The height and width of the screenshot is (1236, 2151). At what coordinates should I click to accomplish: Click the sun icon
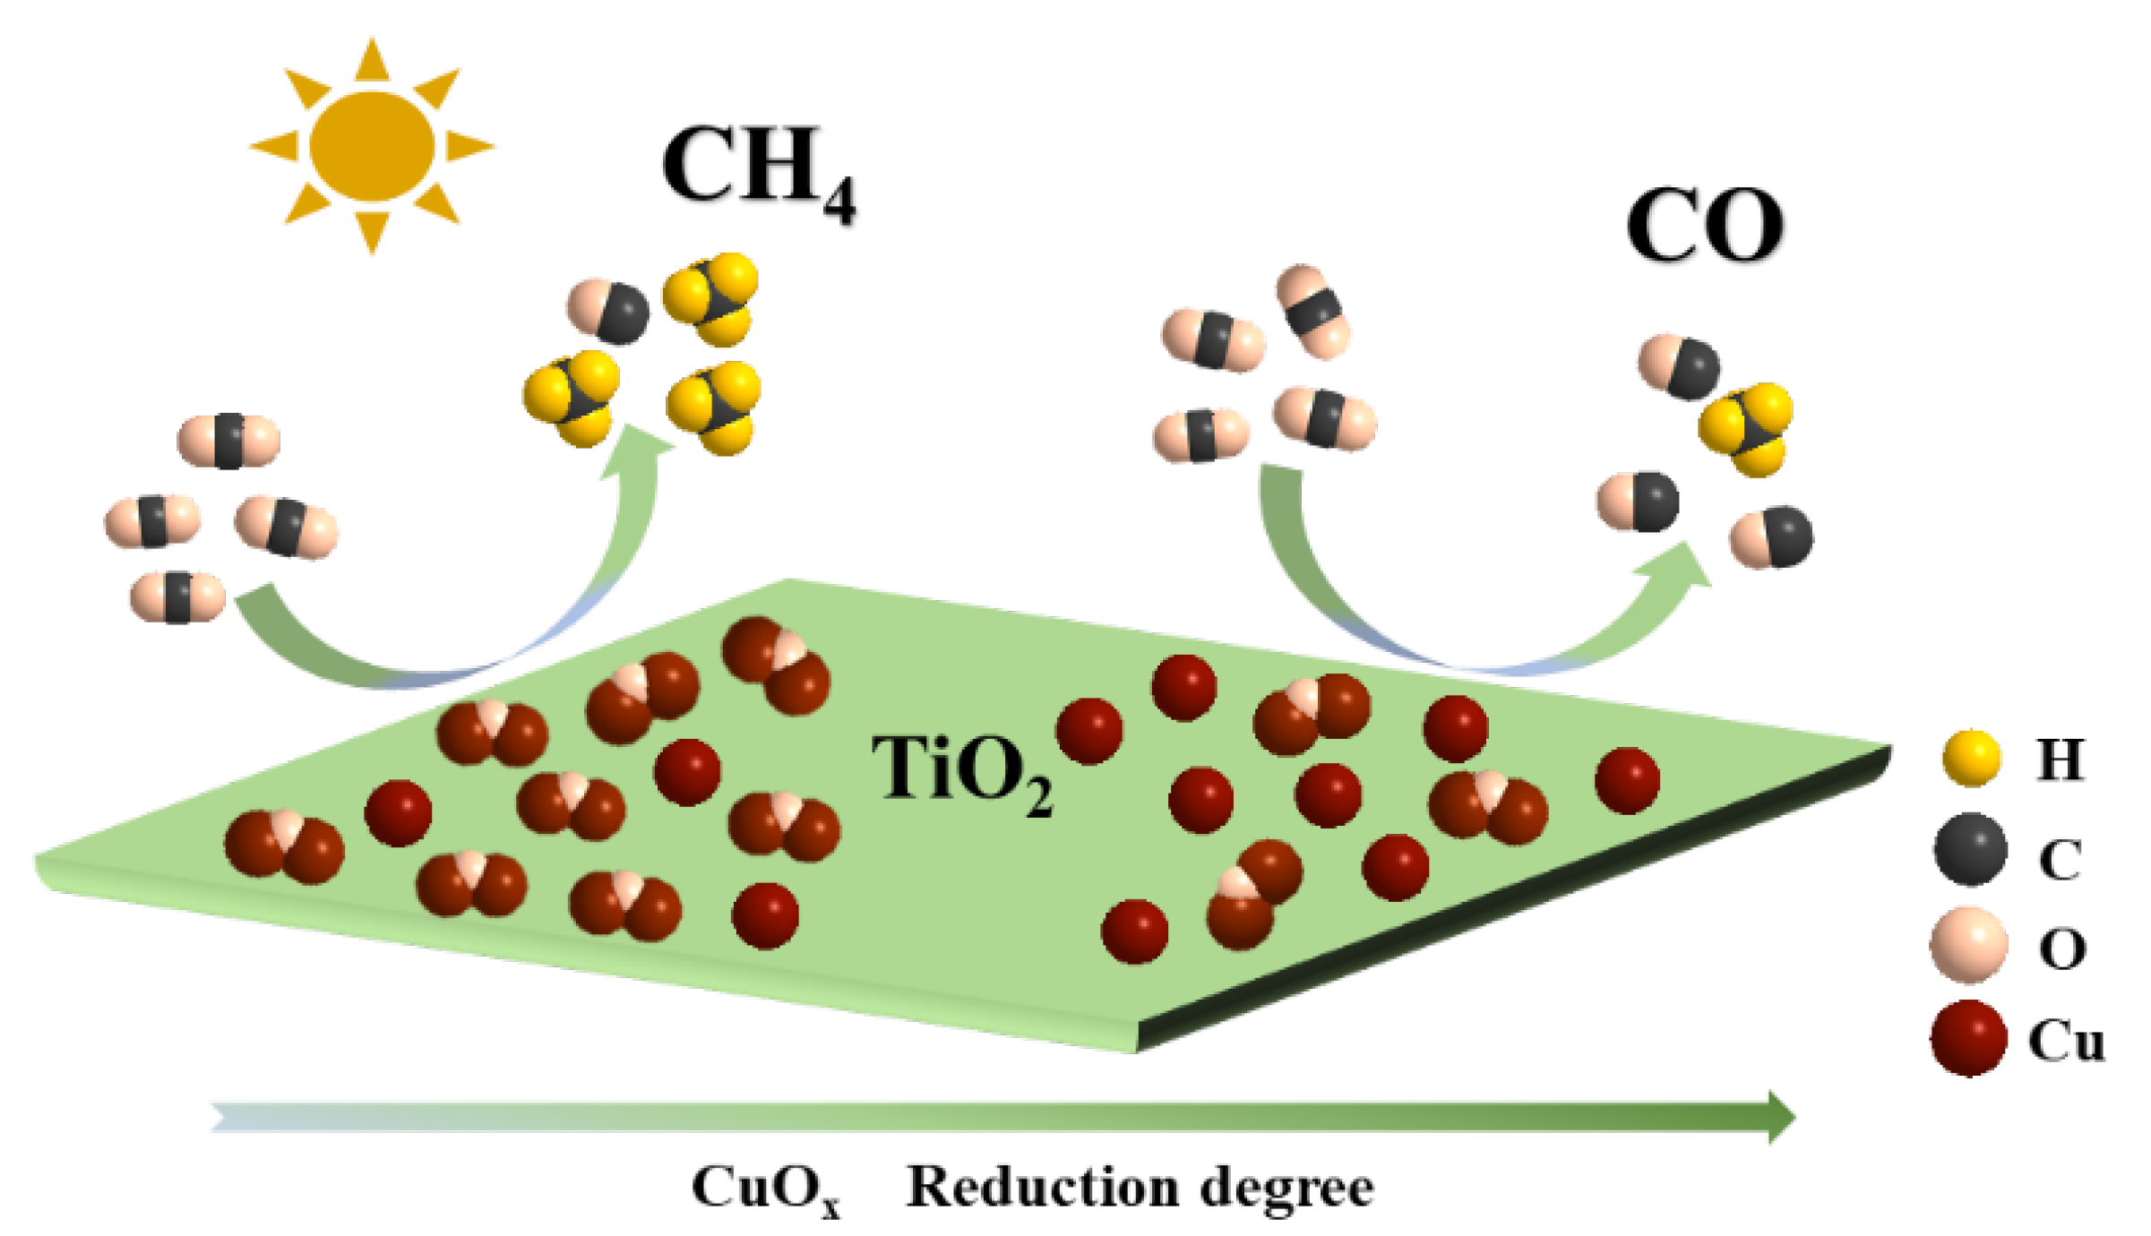[372, 145]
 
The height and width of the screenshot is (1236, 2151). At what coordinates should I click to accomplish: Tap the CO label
[1705, 226]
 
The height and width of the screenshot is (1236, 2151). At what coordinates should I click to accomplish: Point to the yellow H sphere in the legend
[1971, 758]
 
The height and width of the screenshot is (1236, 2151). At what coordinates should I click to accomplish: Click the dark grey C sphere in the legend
[1970, 849]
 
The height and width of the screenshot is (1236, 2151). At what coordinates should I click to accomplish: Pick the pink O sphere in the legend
[1968, 944]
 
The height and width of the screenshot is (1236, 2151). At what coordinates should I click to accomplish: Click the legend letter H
[2060, 760]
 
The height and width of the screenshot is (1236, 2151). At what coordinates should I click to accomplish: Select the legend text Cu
[2066, 1041]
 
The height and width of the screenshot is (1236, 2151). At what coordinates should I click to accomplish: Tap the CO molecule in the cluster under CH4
[609, 311]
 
